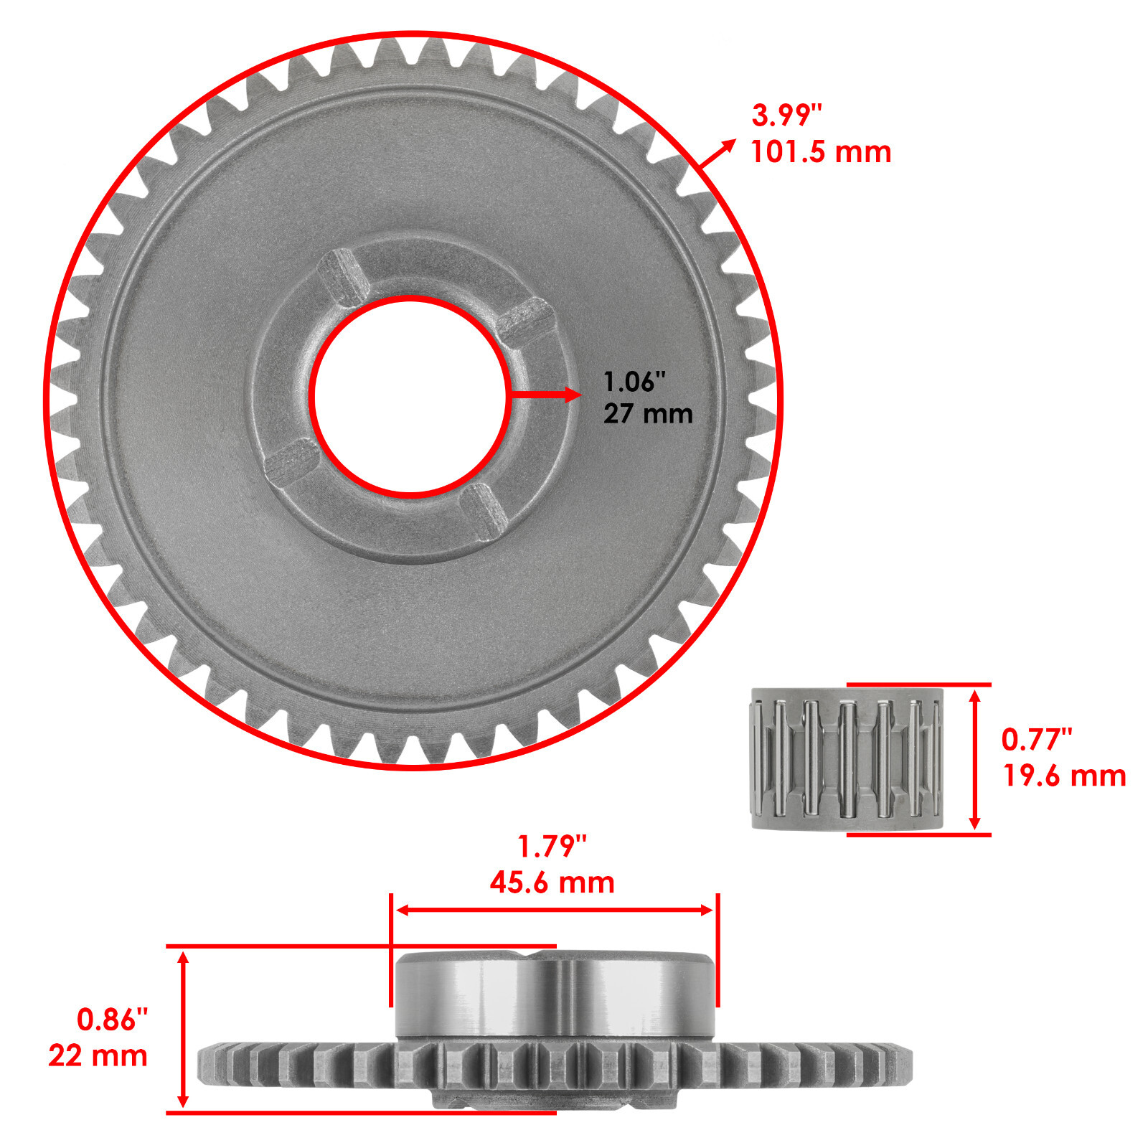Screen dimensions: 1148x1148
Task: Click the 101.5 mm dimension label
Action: pyautogui.click(x=820, y=152)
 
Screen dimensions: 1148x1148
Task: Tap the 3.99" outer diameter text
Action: pyautogui.click(x=786, y=115)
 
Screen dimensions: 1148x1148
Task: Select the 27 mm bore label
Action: pyautogui.click(x=647, y=414)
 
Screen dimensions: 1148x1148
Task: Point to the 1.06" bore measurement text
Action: pyautogui.click(x=634, y=382)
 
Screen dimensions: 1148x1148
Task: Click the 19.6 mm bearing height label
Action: pyautogui.click(x=1064, y=776)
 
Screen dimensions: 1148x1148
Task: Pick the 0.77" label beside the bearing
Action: pyautogui.click(x=1036, y=739)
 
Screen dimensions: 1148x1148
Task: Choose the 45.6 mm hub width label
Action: pyautogui.click(x=552, y=883)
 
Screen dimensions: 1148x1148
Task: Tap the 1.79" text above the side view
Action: pyautogui.click(x=552, y=847)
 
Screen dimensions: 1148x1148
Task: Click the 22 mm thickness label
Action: pyautogui.click(x=98, y=1055)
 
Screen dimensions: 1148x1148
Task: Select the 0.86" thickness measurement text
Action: pyautogui.click(x=112, y=1020)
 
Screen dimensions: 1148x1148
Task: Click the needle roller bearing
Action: pyautogui.click(x=847, y=759)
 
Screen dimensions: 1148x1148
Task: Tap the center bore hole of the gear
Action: pyautogui.click(x=411, y=395)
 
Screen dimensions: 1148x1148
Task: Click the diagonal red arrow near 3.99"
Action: pyautogui.click(x=717, y=154)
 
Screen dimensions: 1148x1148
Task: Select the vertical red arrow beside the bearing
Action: pyautogui.click(x=974, y=759)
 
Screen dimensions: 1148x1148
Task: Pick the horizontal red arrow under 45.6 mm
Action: pyautogui.click(x=554, y=910)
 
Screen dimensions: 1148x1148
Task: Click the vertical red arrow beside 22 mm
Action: pyautogui.click(x=183, y=1029)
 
